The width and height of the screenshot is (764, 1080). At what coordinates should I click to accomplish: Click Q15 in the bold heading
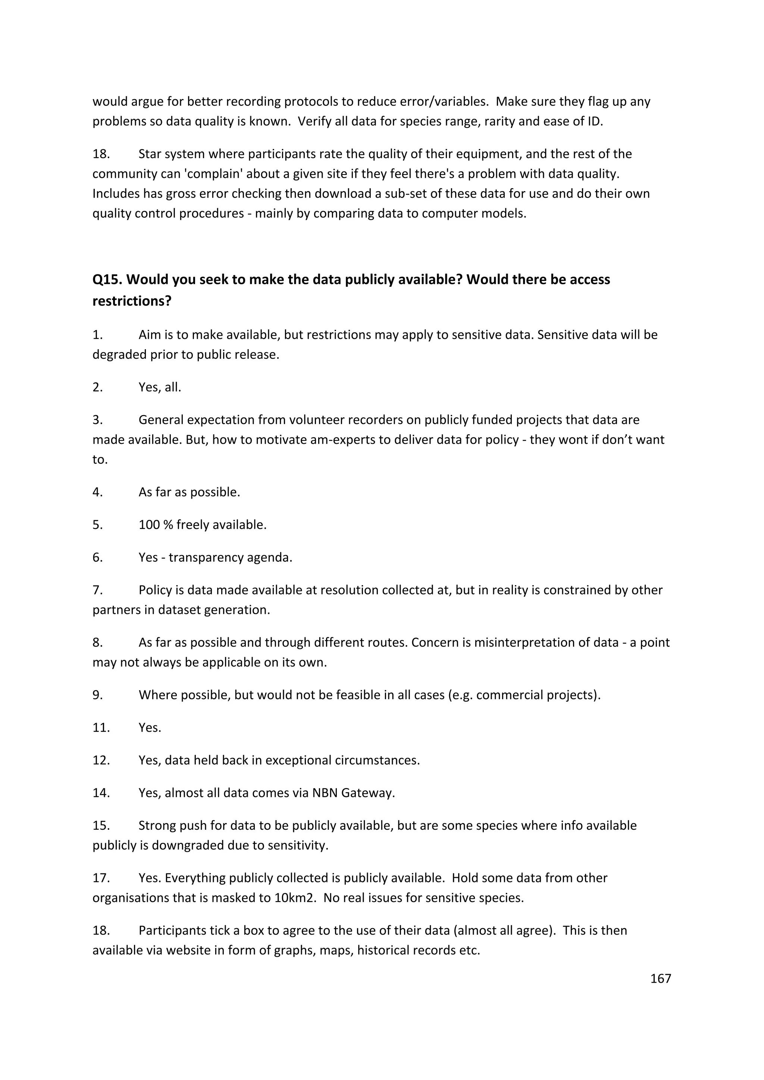pos(108,279)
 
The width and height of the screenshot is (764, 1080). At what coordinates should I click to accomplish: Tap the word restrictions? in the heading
pos(132,301)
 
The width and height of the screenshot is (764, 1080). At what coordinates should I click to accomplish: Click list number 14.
pos(101,793)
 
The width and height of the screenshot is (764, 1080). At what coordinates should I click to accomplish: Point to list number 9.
pos(97,695)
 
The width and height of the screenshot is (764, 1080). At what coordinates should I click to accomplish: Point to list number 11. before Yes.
pos(101,728)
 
